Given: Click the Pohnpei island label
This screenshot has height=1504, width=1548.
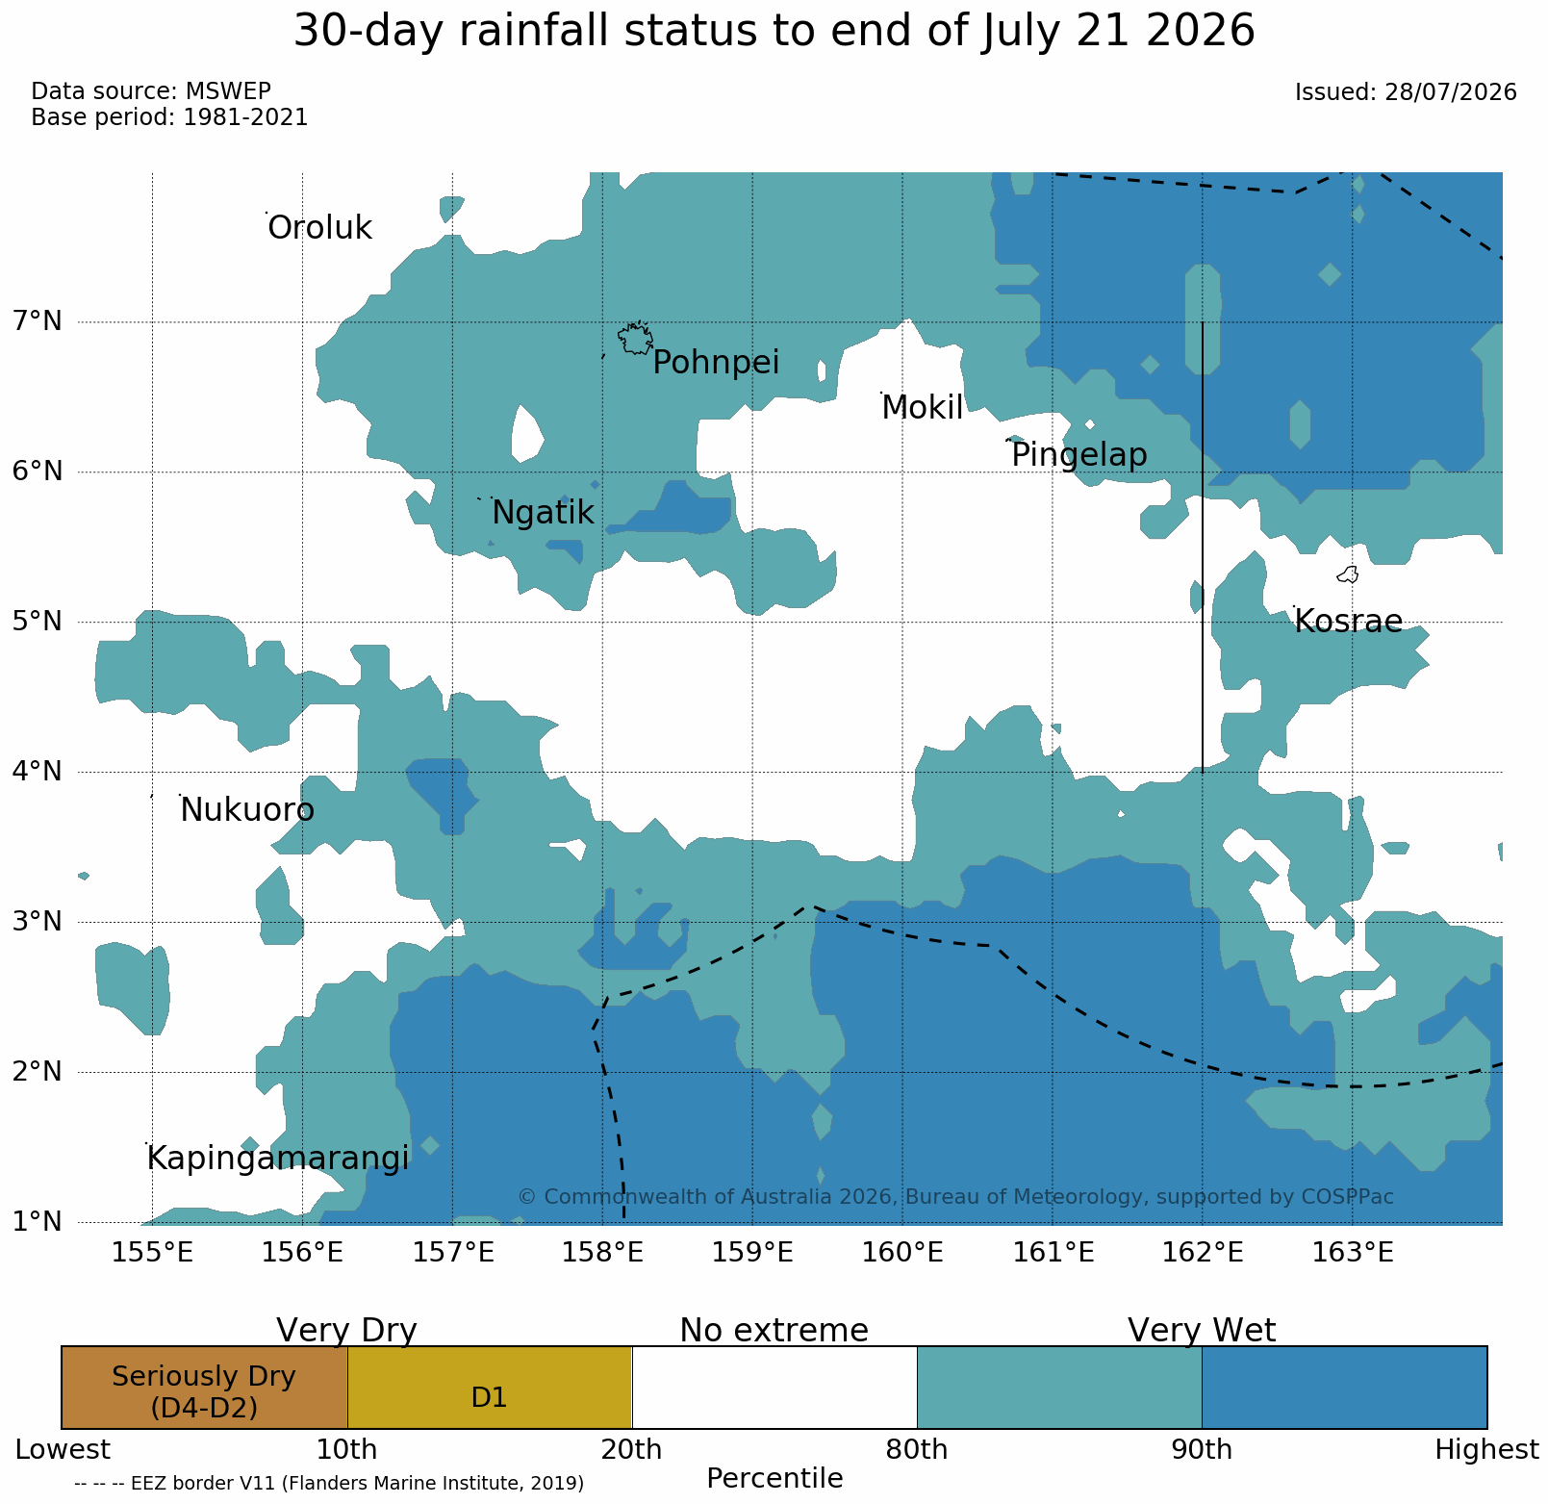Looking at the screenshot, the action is tap(716, 364).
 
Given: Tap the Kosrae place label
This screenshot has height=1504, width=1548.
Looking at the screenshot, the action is tap(1349, 622).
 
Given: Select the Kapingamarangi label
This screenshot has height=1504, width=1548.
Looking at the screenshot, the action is tap(278, 1160).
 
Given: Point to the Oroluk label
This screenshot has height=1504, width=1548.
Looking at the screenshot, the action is tap(319, 229).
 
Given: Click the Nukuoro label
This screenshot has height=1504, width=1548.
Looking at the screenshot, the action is tap(247, 811).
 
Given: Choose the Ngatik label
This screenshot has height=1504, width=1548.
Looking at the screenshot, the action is tap(543, 514).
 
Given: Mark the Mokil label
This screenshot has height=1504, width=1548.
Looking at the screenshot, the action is tap(923, 409).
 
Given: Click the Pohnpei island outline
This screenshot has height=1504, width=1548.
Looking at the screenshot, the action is tap(635, 339).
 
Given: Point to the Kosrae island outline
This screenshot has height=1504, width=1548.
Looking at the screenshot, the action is tap(1348, 575).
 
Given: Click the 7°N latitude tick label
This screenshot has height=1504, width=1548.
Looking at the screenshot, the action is tap(37, 321).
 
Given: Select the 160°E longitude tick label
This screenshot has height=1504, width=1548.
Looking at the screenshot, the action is tap(902, 1254).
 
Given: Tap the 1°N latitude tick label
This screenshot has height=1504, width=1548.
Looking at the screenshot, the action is tap(37, 1222).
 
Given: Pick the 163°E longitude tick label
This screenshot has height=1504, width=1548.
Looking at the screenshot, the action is tap(1353, 1254).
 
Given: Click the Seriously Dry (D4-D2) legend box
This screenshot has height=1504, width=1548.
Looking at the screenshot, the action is tap(204, 1388).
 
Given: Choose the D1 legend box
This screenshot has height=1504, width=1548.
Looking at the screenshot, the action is tap(490, 1388).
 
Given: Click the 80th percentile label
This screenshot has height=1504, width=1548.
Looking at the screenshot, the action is tap(917, 1450).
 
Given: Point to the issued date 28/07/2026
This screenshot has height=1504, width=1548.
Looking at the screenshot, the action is tap(1452, 92).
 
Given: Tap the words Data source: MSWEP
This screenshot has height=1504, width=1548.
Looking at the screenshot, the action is tap(151, 91).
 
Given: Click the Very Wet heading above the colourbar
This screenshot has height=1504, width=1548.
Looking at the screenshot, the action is tap(1202, 1331).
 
